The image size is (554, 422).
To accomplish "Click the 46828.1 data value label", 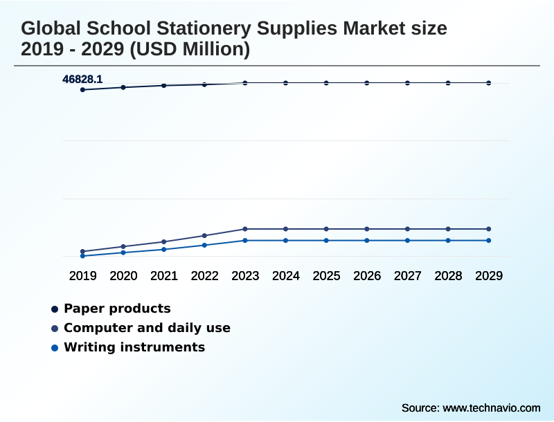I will [82, 80].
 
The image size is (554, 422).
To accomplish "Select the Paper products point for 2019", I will [83, 90].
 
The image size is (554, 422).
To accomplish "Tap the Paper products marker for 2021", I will [164, 86].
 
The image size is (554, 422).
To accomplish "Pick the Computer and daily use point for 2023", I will [245, 229].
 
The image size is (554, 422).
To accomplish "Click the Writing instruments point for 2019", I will [83, 256].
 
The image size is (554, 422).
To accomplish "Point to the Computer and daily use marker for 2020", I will [123, 246].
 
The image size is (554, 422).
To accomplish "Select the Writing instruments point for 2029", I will [489, 241].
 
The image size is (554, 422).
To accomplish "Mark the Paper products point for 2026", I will [367, 83].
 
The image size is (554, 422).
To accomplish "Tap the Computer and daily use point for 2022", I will [204, 236].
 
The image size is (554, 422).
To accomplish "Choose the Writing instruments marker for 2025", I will [326, 241].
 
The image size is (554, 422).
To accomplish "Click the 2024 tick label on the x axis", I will [286, 276].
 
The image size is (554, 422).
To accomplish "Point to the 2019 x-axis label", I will [83, 276].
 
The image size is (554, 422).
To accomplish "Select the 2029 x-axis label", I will [489, 276].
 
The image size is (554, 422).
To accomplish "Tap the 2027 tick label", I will [408, 276].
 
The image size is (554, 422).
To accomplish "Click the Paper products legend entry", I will [116, 309].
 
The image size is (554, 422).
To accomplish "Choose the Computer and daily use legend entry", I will [147, 328].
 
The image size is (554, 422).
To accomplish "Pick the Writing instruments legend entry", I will [134, 347].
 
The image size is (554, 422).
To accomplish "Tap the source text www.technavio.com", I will [491, 407].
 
